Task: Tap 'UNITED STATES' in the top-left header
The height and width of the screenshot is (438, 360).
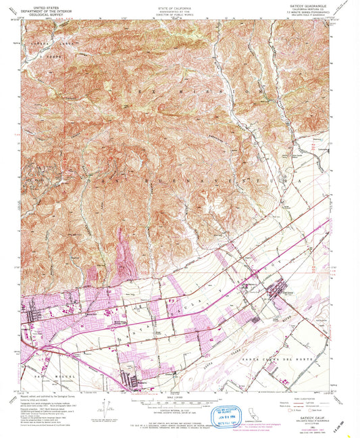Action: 43,5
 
